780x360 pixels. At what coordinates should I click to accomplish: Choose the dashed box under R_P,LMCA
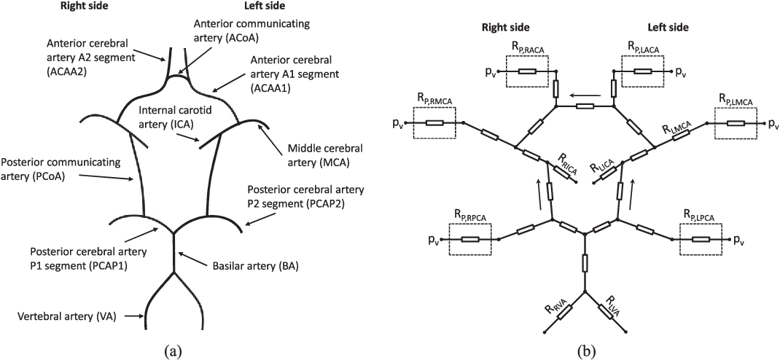click(x=735, y=123)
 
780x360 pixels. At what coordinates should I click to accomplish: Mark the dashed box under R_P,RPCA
click(x=469, y=238)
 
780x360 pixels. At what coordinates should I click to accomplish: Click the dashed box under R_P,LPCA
click(x=701, y=238)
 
